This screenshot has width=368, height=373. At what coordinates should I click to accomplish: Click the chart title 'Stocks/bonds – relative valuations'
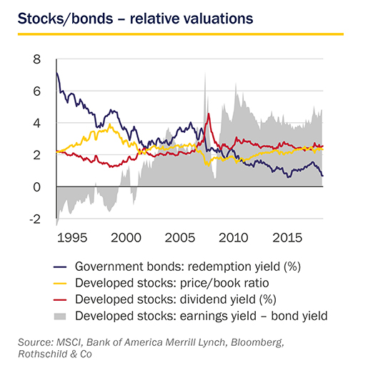[135, 19]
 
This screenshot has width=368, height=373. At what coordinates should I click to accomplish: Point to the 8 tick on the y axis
[37, 59]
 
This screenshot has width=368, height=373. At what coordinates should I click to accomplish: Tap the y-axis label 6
[37, 91]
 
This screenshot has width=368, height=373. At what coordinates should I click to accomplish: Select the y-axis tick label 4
[37, 124]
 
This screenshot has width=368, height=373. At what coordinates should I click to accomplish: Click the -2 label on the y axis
[35, 219]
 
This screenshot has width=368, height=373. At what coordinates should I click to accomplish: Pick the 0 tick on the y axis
[37, 187]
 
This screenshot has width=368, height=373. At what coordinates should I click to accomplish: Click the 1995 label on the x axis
[72, 238]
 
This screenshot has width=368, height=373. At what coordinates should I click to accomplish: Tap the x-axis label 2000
[126, 238]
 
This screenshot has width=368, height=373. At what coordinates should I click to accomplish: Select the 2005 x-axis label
[180, 238]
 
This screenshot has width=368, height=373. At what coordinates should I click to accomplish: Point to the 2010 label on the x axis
[234, 238]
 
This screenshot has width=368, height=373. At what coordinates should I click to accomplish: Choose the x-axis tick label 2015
[287, 238]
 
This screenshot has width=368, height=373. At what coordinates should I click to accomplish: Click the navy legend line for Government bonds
[60, 267]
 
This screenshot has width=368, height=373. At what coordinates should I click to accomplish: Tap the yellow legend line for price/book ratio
[60, 284]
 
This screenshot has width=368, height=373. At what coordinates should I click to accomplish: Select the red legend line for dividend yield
[60, 299]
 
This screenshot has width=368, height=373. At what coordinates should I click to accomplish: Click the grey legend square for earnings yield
[60, 317]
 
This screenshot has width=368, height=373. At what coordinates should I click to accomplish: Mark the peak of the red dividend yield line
[209, 114]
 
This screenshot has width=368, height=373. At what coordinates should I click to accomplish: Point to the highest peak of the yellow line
[110, 124]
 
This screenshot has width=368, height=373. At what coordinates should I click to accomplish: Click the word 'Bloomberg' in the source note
[257, 342]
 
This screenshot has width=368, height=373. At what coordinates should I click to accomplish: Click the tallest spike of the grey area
[205, 74]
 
